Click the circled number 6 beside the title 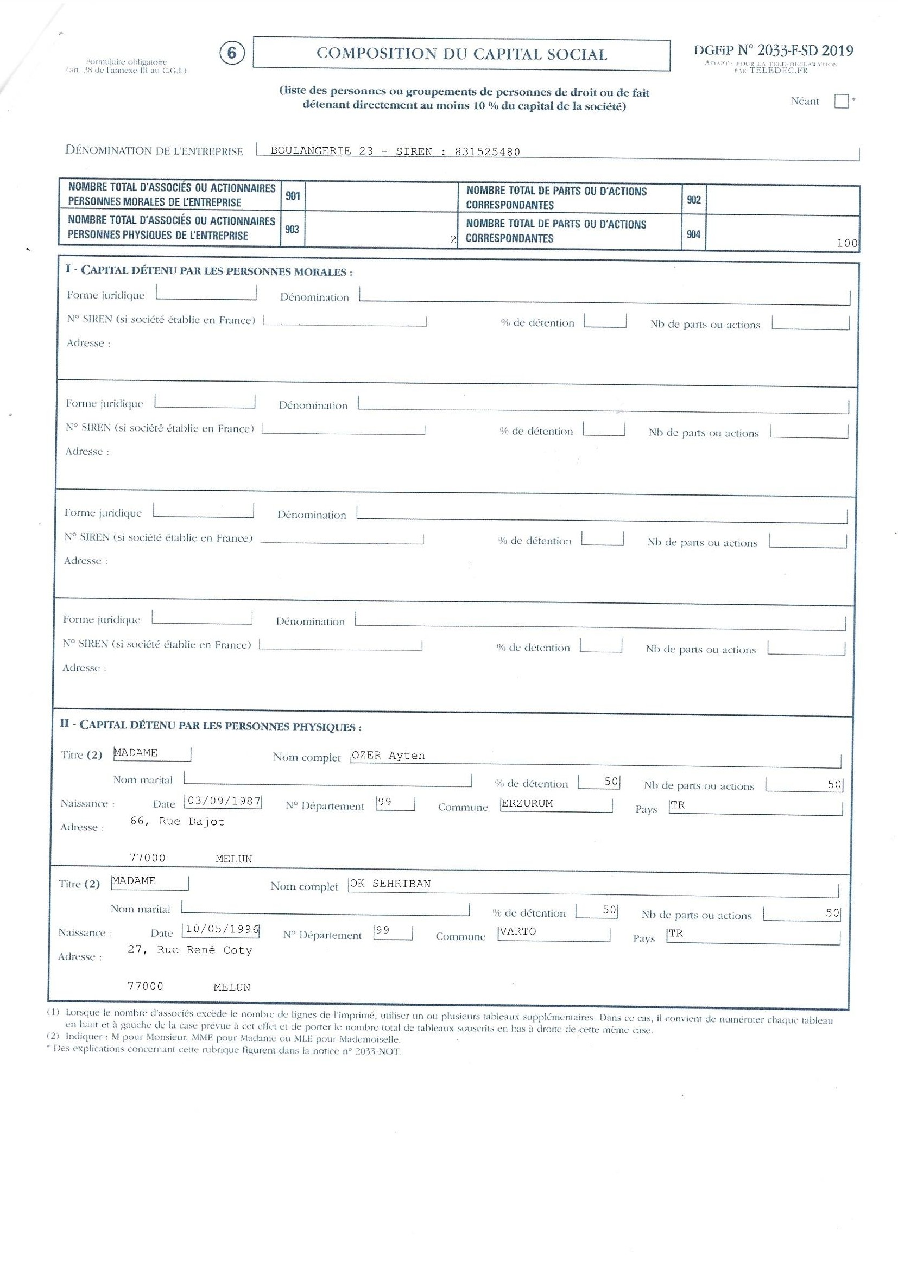click(232, 53)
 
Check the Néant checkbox click(840, 101)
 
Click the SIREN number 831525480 click(487, 152)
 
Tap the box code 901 click(293, 196)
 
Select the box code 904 click(693, 234)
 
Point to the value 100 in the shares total click(846, 243)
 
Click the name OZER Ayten click(388, 756)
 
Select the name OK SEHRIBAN click(390, 884)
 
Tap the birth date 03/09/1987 click(224, 802)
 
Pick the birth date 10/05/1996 click(222, 929)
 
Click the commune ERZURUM click(527, 804)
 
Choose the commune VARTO click(517, 931)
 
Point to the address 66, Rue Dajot click(178, 822)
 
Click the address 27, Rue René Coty click(190, 950)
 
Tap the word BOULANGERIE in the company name click(311, 151)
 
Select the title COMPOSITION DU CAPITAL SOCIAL click(461, 54)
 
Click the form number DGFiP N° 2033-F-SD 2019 click(773, 51)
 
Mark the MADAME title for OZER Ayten click(136, 753)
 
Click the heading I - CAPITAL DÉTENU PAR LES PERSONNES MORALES click(209, 271)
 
